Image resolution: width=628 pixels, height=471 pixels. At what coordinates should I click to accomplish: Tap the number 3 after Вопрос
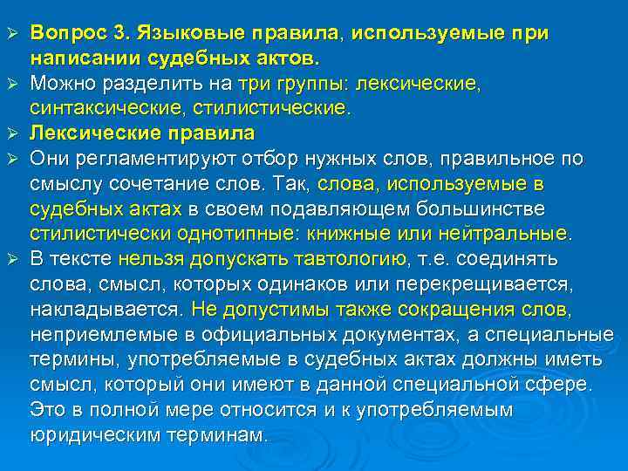(119, 33)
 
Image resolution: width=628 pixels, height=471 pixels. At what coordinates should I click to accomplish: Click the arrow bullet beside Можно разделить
(11, 83)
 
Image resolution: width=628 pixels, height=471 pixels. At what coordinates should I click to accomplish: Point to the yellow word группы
(304, 84)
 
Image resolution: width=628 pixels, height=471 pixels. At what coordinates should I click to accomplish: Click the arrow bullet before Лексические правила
(11, 133)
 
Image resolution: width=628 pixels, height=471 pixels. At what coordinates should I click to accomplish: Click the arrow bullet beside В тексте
(11, 259)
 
